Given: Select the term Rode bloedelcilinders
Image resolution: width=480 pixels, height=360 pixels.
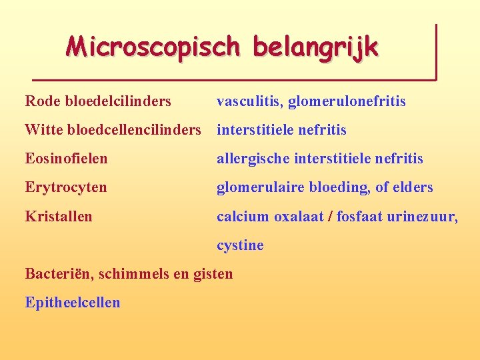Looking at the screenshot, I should pos(98,101).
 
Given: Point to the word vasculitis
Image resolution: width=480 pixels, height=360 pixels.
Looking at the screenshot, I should pos(248,101).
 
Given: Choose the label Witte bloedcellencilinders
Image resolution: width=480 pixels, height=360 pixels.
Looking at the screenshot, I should pos(113,130).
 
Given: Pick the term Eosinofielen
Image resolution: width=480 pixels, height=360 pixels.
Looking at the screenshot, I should pos(66,159).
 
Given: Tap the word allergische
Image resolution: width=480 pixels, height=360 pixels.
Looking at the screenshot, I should pos(253,159).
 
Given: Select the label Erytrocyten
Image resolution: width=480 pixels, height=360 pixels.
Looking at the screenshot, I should pos(65,187).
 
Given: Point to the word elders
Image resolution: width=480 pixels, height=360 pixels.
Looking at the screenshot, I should pos(413,187).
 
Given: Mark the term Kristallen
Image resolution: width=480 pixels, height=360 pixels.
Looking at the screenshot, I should pos(59,217).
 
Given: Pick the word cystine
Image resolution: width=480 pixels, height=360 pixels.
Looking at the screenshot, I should pos(240,245).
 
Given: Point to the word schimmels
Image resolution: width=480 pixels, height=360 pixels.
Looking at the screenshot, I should pos(124,273).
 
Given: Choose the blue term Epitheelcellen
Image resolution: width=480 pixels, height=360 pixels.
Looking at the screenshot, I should pos(73,303).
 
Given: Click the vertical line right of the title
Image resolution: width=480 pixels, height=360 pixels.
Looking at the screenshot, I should pos(436,52).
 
